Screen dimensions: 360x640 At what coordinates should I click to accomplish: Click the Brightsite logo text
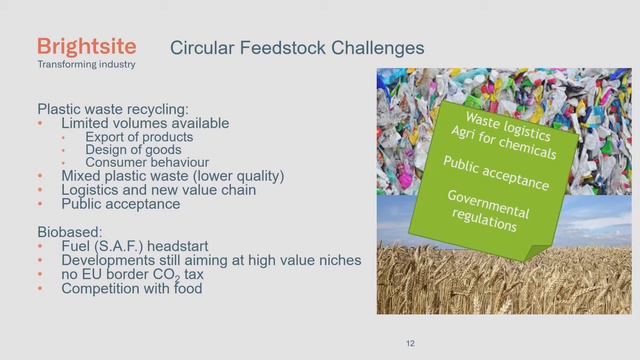pyautogui.click(x=86, y=46)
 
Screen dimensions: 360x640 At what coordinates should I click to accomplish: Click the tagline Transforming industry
pyautogui.click(x=87, y=65)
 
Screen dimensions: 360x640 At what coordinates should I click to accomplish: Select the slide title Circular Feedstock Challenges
pyautogui.click(x=296, y=47)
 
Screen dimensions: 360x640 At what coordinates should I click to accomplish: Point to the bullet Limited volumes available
pyautogui.click(x=145, y=123)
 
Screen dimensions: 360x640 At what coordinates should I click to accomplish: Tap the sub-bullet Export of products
pyautogui.click(x=139, y=137)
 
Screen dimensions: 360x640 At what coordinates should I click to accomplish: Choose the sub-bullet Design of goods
pyautogui.click(x=133, y=150)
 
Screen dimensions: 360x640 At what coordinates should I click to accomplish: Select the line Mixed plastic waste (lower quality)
pyautogui.click(x=173, y=176)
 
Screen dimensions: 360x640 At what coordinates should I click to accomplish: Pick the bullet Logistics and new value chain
pyautogui.click(x=159, y=190)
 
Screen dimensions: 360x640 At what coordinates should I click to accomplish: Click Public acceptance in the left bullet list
pyautogui.click(x=120, y=204)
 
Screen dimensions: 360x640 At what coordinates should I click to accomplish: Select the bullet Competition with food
pyautogui.click(x=132, y=289)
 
